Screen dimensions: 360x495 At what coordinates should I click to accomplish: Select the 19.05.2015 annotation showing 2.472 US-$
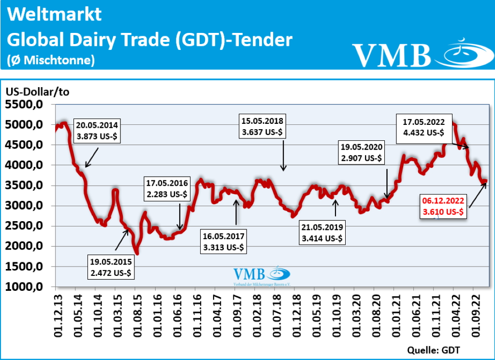(111, 268)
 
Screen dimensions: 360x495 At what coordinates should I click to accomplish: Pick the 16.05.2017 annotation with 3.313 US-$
(224, 241)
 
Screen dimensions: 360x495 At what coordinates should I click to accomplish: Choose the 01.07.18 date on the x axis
(276, 315)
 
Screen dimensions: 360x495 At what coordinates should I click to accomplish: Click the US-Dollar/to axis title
(38, 92)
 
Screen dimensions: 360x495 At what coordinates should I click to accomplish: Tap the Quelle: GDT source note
(433, 349)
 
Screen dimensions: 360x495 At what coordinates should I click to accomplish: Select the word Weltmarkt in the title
(55, 15)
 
